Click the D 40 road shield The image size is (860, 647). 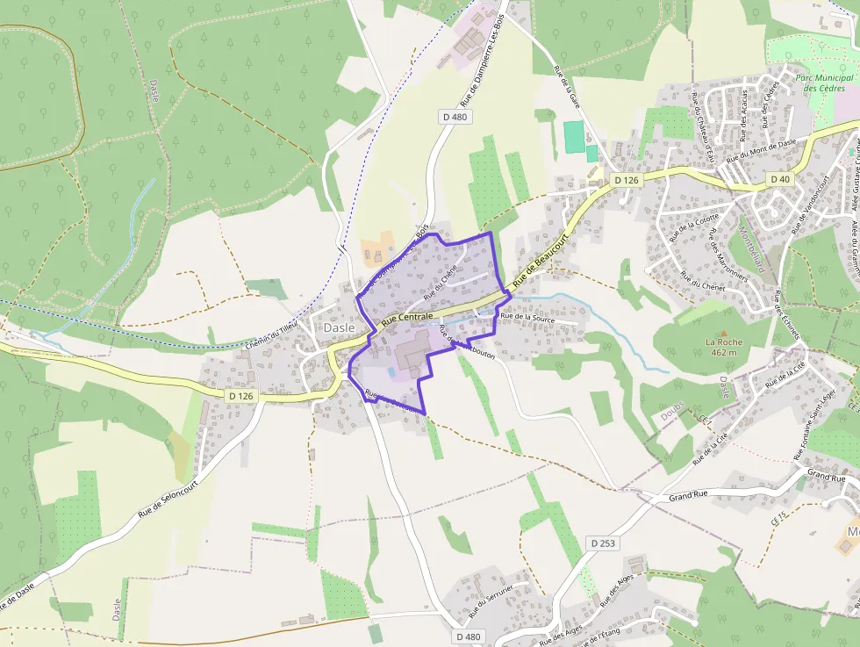[x=780, y=179]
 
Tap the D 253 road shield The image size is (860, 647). [x=604, y=543]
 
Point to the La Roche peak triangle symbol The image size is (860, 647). [x=725, y=331]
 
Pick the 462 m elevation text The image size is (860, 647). [x=725, y=352]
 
